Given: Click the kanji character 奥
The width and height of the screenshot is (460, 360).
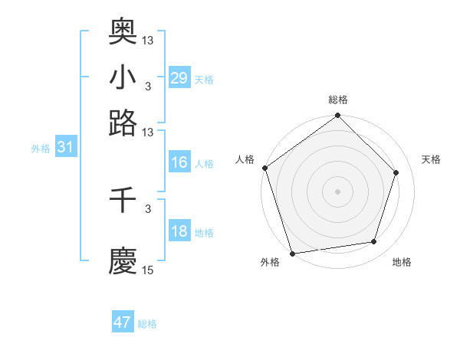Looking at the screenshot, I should pos(123,31).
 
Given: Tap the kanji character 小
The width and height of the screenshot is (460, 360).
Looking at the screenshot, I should pos(123,77).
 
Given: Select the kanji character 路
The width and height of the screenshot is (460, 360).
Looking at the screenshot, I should pos(123,123).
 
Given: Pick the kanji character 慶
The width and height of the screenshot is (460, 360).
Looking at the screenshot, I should pos(123,260).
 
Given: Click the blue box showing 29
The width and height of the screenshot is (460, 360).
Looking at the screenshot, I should pos(179,78).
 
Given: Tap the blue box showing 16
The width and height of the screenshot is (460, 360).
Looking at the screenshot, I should pos(179,162).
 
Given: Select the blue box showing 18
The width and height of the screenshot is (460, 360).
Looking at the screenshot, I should pos(179,232).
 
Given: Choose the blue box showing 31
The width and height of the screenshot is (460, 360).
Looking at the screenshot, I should pos(65,148).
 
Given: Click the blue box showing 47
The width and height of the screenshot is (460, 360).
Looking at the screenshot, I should pos(122,322).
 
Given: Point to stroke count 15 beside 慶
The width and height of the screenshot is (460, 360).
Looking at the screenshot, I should pos(148,270).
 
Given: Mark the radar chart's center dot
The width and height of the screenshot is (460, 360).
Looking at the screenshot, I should pos(337,191).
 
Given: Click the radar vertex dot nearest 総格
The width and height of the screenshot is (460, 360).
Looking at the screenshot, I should pos(337,116).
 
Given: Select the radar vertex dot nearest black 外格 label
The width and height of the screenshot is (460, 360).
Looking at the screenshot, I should pos(292,253).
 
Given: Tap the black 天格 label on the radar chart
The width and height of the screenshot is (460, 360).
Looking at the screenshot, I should pos(432,159).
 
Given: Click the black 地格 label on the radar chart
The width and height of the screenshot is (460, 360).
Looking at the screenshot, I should pos(402,263).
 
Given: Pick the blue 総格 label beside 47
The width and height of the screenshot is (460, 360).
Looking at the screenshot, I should pos(147,324).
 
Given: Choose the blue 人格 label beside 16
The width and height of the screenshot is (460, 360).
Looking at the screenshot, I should pos(204,163).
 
